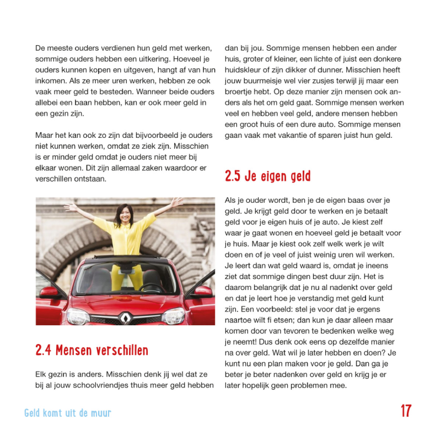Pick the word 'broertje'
(239, 92)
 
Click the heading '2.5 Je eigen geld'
(268, 176)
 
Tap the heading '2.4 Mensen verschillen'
(92, 350)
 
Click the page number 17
(406, 411)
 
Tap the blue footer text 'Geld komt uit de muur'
(68, 413)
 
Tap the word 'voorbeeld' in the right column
(272, 309)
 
